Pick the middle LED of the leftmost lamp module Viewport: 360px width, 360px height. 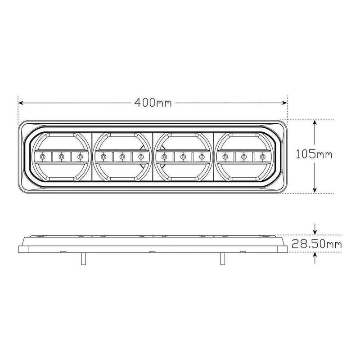click(61, 157)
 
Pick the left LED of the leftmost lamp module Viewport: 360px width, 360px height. click(42, 157)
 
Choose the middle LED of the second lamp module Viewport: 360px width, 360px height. click(122, 157)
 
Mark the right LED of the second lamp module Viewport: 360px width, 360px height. click(141, 157)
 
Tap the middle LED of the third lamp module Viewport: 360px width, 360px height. click(183, 157)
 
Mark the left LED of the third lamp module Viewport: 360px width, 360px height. click(164, 157)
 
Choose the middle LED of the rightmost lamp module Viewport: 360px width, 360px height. click(244, 157)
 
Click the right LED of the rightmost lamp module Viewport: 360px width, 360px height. click(262, 157)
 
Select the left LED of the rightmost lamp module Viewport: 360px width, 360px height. click(225, 157)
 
